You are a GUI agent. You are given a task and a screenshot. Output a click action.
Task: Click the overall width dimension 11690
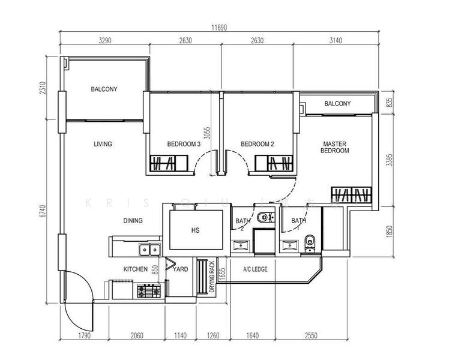tap(220, 28)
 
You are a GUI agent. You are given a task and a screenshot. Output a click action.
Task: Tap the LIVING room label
tap(103, 144)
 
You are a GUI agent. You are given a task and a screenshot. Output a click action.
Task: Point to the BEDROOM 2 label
tap(257, 144)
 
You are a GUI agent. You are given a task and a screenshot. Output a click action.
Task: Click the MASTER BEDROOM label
tap(336, 148)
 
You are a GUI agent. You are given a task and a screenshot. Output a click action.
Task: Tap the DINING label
tap(133, 221)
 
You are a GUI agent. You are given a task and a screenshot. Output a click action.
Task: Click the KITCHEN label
tap(135, 269)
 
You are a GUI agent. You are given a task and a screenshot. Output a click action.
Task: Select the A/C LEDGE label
tap(255, 269)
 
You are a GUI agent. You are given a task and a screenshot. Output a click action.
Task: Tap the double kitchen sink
tap(148, 250)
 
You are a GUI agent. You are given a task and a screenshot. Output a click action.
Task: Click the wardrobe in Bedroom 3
tap(163, 163)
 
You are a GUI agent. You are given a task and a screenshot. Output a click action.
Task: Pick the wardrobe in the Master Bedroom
tap(351, 195)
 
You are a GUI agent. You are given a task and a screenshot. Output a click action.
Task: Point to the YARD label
tap(180, 269)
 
